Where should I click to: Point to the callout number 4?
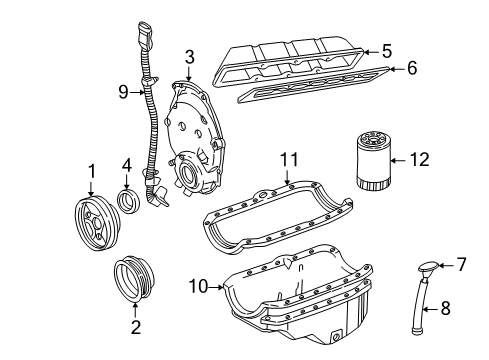coord(127,166)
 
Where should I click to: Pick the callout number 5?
coord(386,48)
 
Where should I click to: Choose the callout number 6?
coord(409,68)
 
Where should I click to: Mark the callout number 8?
coord(447,310)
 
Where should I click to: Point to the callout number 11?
coord(289,160)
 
